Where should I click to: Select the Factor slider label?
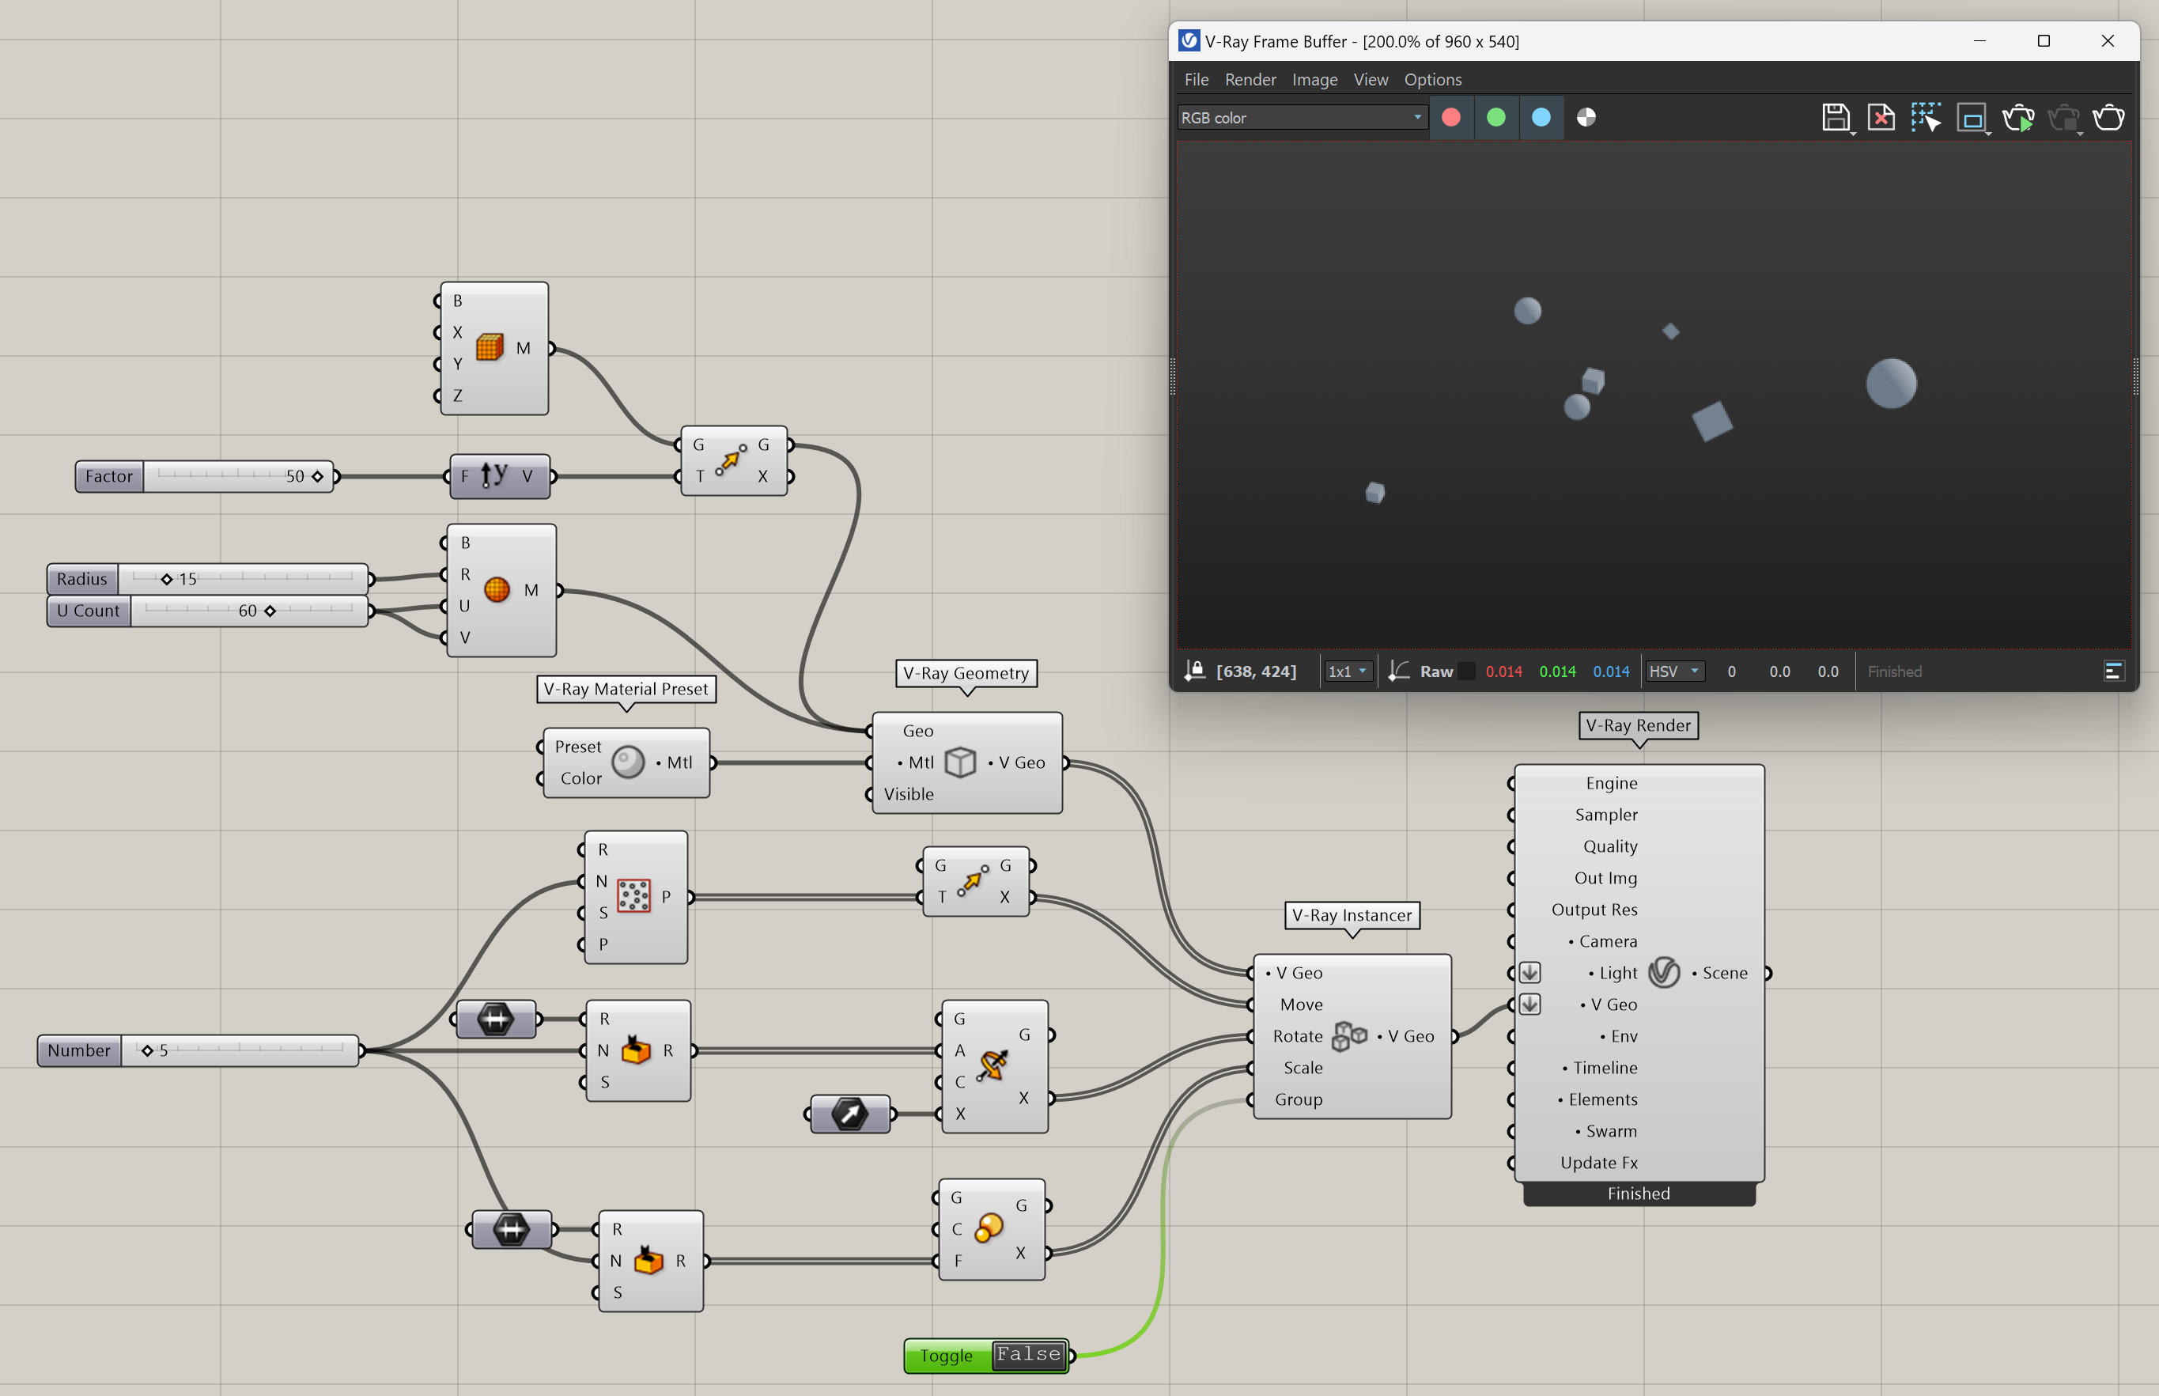tap(109, 476)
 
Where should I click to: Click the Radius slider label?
tap(81, 578)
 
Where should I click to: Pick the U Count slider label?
tap(88, 610)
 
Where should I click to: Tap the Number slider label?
tap(79, 1050)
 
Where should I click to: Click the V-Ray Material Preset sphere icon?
tap(628, 762)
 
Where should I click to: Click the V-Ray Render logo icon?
tap(1664, 973)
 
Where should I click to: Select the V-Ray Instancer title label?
tap(1352, 914)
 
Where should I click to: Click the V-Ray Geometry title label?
tap(966, 672)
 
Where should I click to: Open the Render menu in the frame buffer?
tap(1250, 80)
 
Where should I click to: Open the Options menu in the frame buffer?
tap(1432, 80)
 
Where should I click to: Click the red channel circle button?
tap(1451, 117)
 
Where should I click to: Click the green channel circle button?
tap(1496, 117)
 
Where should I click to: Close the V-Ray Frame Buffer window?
tap(2108, 41)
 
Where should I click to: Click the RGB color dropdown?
tap(1302, 117)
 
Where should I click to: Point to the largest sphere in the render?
tap(1891, 384)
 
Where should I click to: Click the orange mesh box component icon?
tap(490, 347)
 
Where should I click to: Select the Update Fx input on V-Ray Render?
tap(1599, 1162)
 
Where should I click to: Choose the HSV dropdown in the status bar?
tap(1674, 671)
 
